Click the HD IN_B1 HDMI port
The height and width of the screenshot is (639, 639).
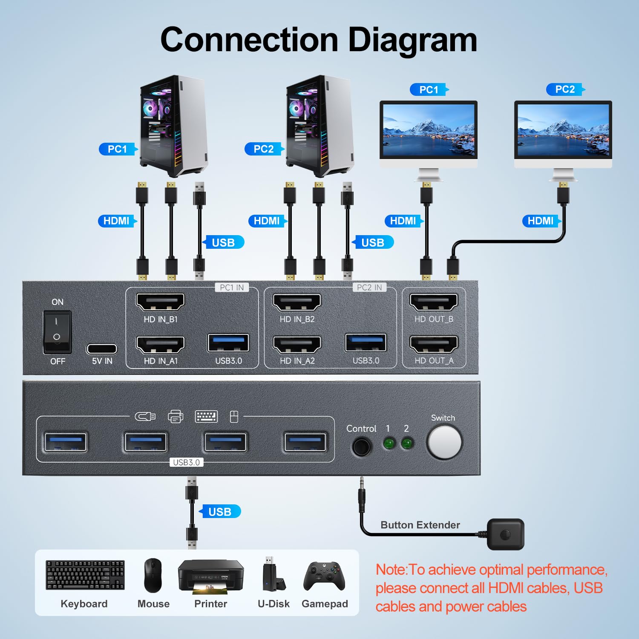click(x=160, y=302)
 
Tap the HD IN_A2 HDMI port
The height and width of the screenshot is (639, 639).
click(x=297, y=345)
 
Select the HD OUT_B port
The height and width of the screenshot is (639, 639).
click(x=434, y=302)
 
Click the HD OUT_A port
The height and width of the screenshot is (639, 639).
click(x=434, y=345)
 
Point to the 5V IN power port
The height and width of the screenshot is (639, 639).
click(x=102, y=349)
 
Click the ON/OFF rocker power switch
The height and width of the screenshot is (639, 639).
click(x=57, y=332)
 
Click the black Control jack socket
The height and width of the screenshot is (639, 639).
click(x=361, y=446)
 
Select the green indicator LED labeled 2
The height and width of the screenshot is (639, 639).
click(x=407, y=444)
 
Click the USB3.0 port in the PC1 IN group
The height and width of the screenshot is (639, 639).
click(x=228, y=343)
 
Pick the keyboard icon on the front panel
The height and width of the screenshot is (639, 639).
click(x=206, y=417)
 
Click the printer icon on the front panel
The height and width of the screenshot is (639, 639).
click(x=176, y=417)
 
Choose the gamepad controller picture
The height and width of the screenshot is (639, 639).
click(x=324, y=576)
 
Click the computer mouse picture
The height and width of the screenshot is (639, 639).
click(x=153, y=576)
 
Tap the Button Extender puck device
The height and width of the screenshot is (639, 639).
click(x=505, y=534)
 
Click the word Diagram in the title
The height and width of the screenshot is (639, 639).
click(x=412, y=40)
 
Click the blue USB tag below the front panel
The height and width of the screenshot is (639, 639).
click(x=220, y=512)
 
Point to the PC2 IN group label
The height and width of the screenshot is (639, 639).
click(x=369, y=288)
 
